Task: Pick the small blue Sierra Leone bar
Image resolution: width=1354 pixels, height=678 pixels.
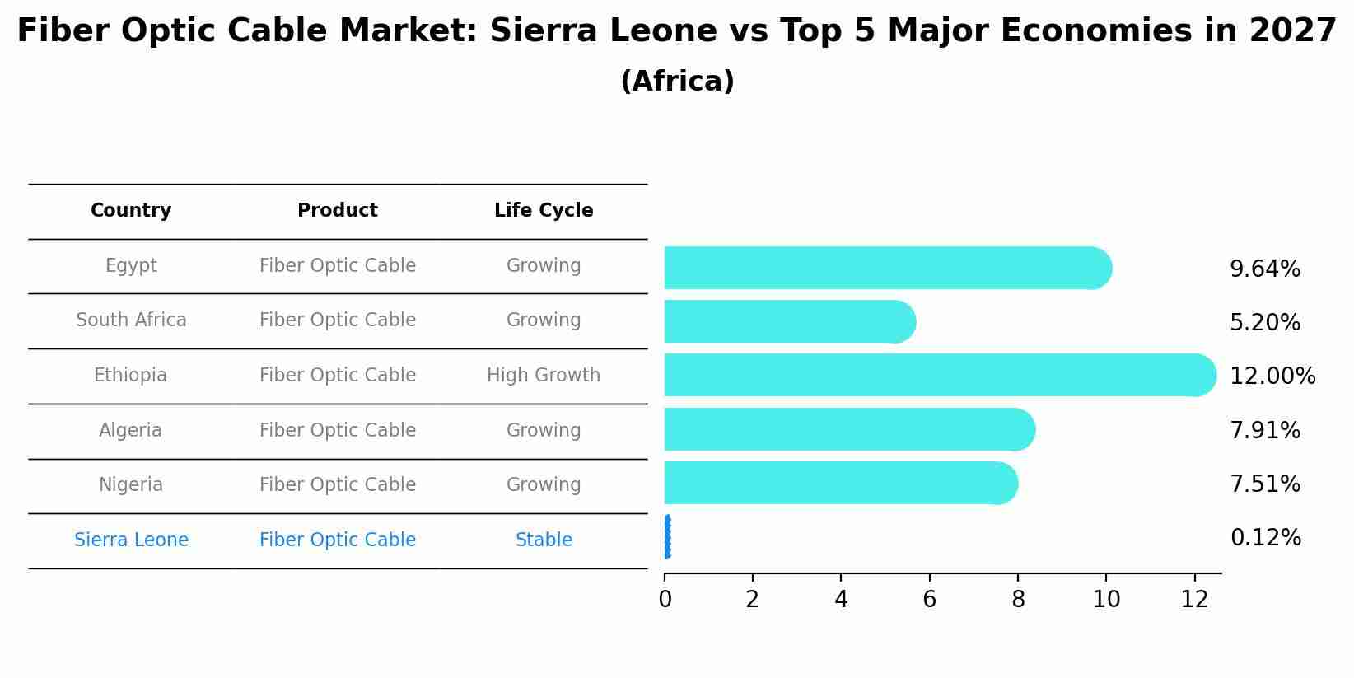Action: coord(667,537)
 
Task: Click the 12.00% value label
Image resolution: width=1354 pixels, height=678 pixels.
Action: coord(1272,376)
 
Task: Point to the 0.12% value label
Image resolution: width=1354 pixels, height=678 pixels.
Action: coord(1265,538)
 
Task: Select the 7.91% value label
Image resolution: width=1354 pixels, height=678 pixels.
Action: coord(1264,431)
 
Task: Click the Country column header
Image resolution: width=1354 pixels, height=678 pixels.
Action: coord(131,211)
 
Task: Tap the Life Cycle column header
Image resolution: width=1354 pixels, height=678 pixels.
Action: coord(544,211)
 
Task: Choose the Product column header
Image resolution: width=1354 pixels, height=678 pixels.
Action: coord(338,211)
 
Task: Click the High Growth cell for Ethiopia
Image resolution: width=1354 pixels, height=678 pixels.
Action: coord(544,376)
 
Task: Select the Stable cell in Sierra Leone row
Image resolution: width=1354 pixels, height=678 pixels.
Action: coord(544,540)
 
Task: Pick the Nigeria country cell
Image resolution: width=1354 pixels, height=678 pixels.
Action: coord(131,485)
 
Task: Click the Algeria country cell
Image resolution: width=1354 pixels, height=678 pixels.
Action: coord(131,430)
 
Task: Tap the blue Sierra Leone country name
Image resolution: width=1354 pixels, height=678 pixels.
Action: coord(131,540)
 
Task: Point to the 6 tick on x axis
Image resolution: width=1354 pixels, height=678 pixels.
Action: coord(929,600)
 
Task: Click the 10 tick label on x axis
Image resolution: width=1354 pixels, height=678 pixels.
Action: coord(1106,600)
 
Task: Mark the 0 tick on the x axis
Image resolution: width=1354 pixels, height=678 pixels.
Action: coord(665,600)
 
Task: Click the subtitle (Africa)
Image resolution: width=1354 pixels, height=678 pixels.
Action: coord(677,82)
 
